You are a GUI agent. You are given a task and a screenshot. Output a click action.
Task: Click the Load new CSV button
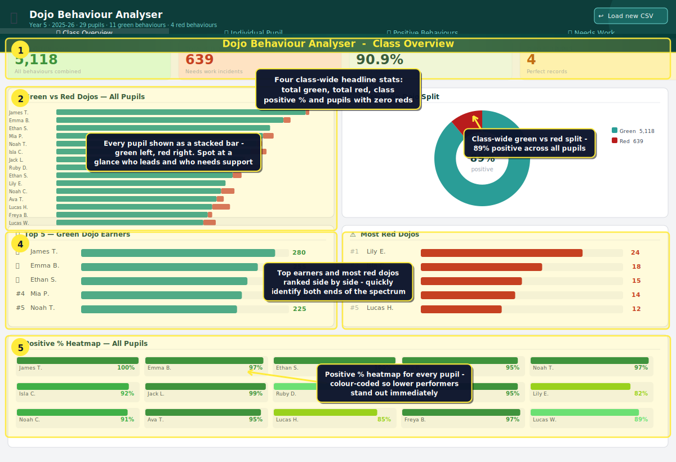click(630, 16)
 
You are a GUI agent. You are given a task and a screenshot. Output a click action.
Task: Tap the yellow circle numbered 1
click(20, 50)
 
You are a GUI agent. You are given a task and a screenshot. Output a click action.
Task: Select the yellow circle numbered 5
click(20, 347)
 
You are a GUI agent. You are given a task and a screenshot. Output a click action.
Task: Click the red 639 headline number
click(199, 60)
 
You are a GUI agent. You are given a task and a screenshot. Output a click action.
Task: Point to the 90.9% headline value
click(379, 60)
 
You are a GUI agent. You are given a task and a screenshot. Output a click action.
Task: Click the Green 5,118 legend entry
click(633, 131)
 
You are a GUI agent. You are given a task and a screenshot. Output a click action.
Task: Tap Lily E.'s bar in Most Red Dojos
click(501, 253)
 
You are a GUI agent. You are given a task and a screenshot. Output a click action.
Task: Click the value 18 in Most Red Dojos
click(636, 267)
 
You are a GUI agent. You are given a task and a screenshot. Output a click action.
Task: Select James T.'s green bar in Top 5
click(178, 253)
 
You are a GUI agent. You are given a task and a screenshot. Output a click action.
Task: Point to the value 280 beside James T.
click(299, 253)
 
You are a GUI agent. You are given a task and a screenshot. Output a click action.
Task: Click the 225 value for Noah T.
click(300, 309)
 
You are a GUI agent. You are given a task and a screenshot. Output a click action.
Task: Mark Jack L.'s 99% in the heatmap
click(256, 394)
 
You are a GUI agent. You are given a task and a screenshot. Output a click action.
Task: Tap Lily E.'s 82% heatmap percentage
click(641, 394)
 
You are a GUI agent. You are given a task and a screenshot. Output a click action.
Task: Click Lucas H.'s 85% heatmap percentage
click(384, 420)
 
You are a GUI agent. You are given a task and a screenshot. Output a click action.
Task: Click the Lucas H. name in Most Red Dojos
click(380, 308)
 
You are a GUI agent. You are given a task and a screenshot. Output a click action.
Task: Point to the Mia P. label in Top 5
click(40, 294)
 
